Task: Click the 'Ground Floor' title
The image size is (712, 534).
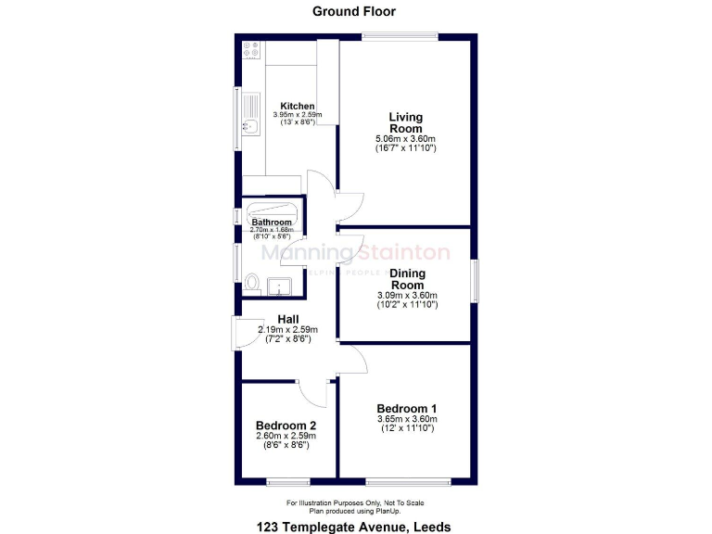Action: (355, 11)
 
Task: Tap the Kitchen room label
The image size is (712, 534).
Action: (298, 106)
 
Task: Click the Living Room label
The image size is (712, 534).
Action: (405, 123)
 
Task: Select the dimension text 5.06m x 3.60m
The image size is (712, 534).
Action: (405, 138)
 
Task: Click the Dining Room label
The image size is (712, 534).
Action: (407, 279)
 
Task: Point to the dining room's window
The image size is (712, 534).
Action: (475, 280)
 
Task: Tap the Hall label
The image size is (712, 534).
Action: (287, 319)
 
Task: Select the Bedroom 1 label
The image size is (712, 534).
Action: (407, 408)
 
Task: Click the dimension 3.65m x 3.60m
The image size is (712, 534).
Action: (406, 419)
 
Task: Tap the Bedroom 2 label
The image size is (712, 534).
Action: (286, 426)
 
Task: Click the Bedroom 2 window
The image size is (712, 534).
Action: (287, 482)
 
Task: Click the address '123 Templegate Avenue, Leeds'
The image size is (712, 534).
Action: (354, 527)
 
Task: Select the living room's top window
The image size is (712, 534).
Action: (400, 36)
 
